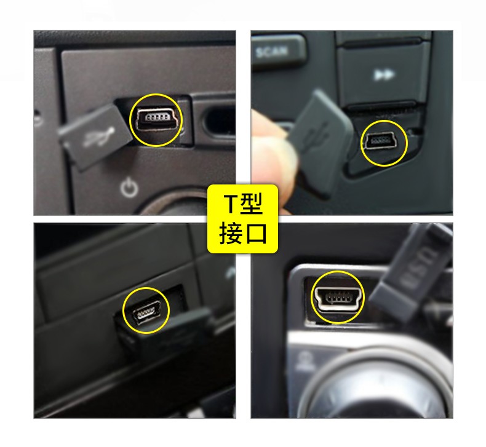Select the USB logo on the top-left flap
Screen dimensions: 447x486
pos(98,132)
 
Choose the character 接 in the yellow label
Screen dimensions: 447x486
pos(231,232)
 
